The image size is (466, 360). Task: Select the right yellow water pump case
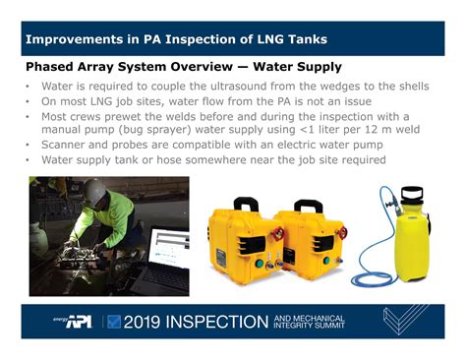pyautogui.click(x=303, y=246)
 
